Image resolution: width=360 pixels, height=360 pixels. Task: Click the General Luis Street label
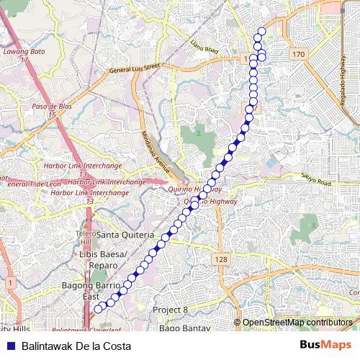point(133,68)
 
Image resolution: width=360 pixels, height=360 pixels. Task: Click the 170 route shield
point(298,55)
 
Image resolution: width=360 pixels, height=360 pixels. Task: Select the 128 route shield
point(220,258)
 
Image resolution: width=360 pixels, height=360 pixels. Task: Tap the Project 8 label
point(170,310)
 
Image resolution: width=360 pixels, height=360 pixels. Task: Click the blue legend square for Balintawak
point(10,346)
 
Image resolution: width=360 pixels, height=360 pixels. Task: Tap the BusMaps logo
point(325,346)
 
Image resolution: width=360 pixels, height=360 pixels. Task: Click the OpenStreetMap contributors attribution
point(297,323)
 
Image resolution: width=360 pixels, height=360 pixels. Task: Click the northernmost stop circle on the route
point(261,31)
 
